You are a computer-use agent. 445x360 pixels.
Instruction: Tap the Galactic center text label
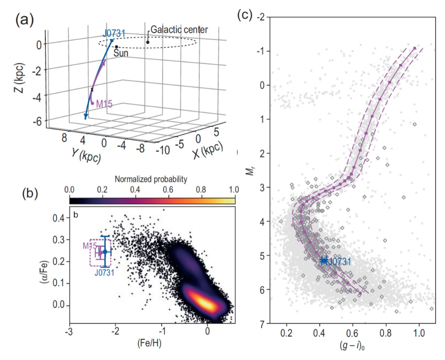tap(179, 30)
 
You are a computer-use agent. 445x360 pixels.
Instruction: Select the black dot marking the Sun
tap(116, 47)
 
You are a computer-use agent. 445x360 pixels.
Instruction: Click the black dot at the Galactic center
tap(148, 42)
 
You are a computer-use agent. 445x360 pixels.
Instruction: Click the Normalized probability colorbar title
tap(151, 179)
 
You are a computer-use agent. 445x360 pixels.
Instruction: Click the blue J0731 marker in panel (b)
tap(105, 252)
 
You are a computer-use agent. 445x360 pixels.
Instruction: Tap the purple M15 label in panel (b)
tap(89, 246)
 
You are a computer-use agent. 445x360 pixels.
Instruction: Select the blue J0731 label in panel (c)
tap(339, 261)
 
